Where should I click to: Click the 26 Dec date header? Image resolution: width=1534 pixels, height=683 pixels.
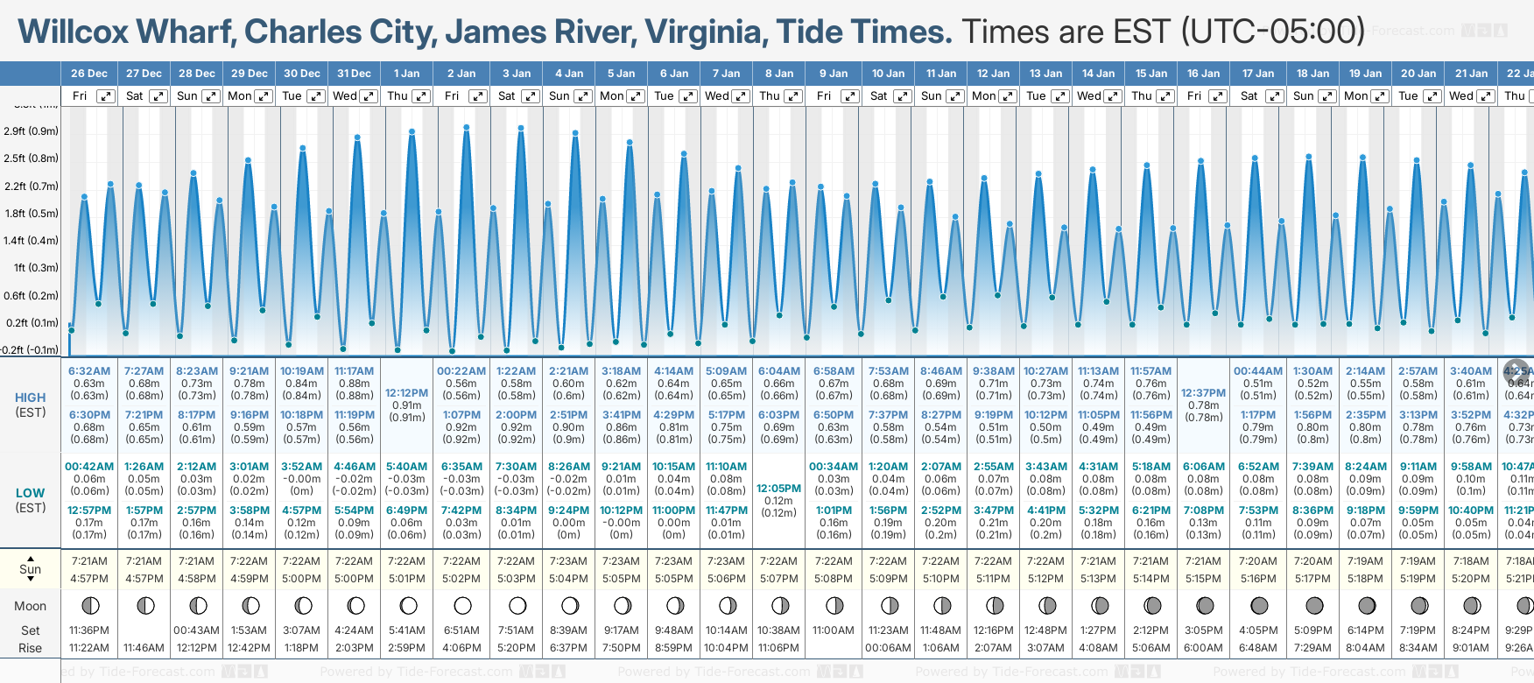[88, 74]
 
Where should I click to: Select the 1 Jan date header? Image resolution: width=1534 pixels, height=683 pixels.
[406, 74]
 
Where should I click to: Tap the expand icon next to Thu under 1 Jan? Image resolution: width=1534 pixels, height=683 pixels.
[421, 96]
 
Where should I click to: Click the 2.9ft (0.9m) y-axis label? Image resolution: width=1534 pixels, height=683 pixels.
[31, 131]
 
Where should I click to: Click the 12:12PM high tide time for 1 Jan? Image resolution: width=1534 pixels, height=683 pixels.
[406, 393]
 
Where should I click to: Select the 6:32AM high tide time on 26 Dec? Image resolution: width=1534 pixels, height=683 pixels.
[89, 371]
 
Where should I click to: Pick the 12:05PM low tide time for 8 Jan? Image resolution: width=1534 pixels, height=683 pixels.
[778, 489]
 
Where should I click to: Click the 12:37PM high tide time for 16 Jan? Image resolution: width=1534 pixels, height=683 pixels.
[1203, 393]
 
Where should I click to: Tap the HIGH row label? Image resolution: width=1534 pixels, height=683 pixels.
[31, 398]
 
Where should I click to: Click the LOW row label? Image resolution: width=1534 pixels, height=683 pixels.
[31, 493]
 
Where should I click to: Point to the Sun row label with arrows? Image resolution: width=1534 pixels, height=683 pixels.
[31, 569]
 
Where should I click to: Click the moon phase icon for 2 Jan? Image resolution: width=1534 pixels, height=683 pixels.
[462, 605]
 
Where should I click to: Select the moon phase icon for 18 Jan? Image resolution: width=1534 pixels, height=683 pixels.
[1313, 605]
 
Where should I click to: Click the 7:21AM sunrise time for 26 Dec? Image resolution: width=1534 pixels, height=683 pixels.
[89, 561]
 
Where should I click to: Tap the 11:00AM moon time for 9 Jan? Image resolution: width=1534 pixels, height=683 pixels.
[833, 630]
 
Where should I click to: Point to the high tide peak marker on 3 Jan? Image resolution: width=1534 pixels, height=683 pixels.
[521, 128]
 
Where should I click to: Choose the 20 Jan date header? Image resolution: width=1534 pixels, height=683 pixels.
[1418, 74]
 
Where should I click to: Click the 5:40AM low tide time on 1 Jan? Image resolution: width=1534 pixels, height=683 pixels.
[406, 467]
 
